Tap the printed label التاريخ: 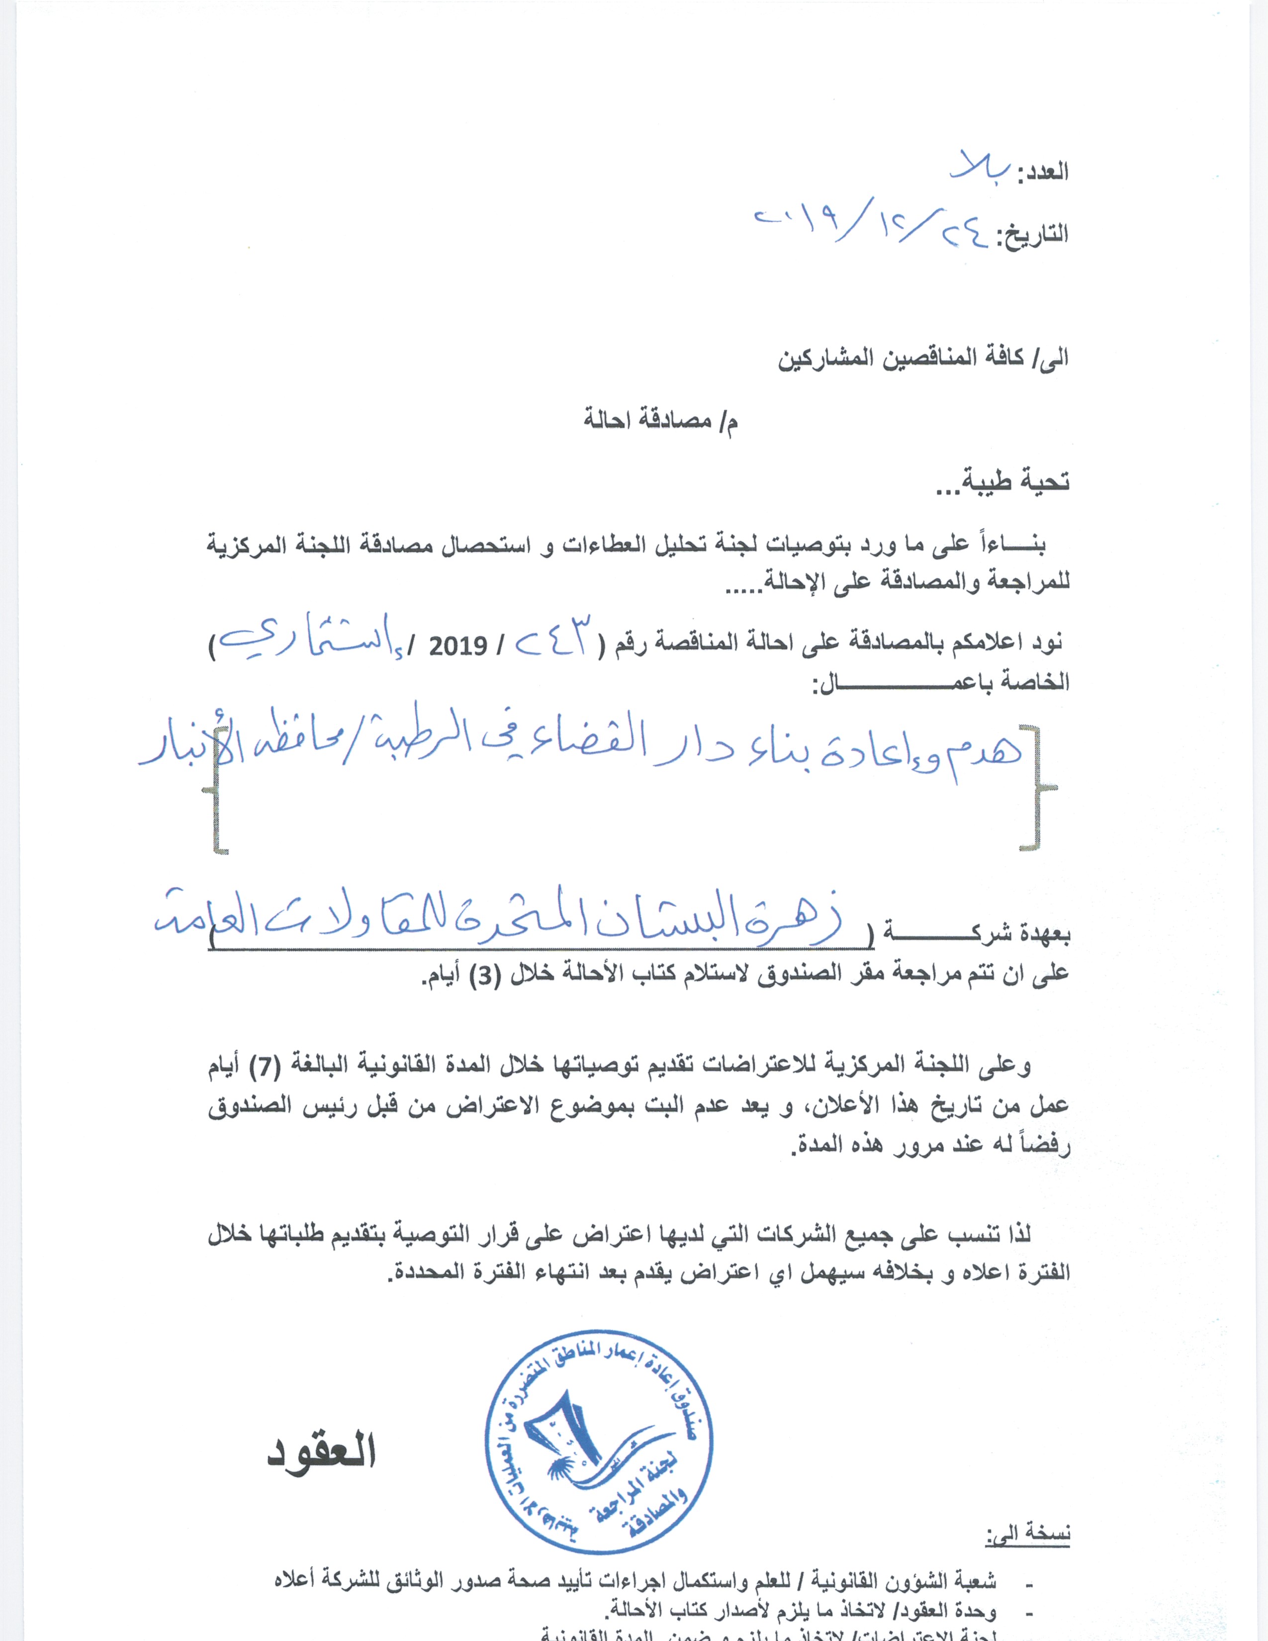[1032, 234]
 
